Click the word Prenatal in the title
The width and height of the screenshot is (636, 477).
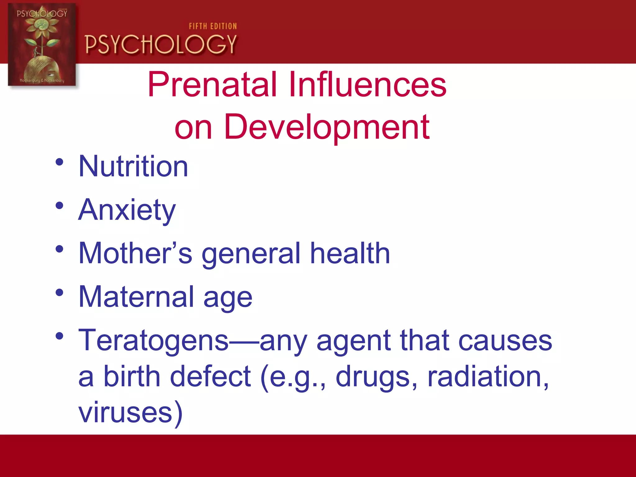pos(212,84)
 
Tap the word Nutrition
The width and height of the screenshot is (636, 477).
pos(133,167)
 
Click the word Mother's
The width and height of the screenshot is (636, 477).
pos(135,254)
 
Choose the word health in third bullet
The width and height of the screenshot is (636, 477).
pos(350,254)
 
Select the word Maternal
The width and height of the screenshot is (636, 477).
pos(136,297)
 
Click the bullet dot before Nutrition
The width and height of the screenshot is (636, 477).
pos(59,162)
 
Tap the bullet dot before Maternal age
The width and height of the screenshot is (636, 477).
pos(59,293)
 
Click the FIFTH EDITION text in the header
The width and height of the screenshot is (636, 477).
pos(213,26)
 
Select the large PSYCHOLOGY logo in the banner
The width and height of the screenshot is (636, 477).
pos(161,44)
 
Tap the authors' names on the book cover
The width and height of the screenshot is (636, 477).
pos(42,80)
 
